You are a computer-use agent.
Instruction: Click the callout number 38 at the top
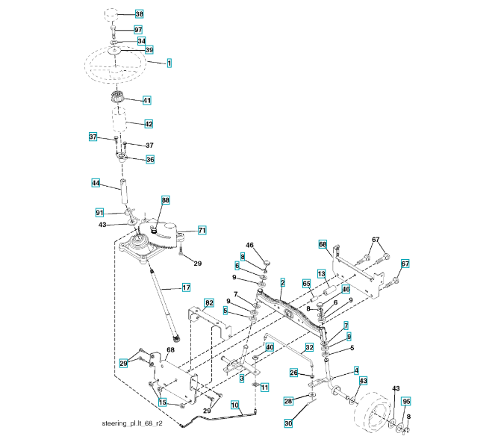139,14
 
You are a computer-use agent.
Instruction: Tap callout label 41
147,100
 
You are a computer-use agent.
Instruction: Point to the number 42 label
149,123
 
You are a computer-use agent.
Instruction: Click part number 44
96,183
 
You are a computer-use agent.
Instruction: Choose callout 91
99,213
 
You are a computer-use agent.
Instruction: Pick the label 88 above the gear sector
165,200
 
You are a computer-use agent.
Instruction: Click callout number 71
202,230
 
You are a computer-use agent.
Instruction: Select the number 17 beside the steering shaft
186,287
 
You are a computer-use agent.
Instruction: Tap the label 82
209,302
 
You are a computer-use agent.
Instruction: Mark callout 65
306,283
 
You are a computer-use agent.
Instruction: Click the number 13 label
322,275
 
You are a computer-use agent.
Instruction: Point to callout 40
270,347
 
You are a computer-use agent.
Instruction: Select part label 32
308,347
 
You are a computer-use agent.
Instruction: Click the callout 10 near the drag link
234,405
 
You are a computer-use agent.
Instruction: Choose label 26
294,373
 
